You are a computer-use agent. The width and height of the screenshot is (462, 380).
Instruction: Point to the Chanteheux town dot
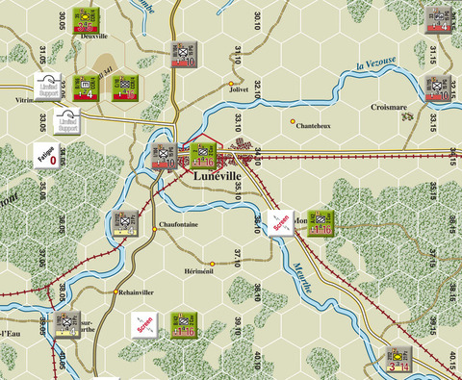pos(293,120)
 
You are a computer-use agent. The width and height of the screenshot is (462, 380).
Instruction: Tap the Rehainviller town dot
pos(116,291)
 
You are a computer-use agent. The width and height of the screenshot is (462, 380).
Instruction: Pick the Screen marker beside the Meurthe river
pos(280,222)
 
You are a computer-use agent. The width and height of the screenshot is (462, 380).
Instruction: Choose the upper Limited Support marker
pos(50,88)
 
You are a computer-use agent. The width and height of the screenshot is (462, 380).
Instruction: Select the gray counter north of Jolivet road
pos(185,55)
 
